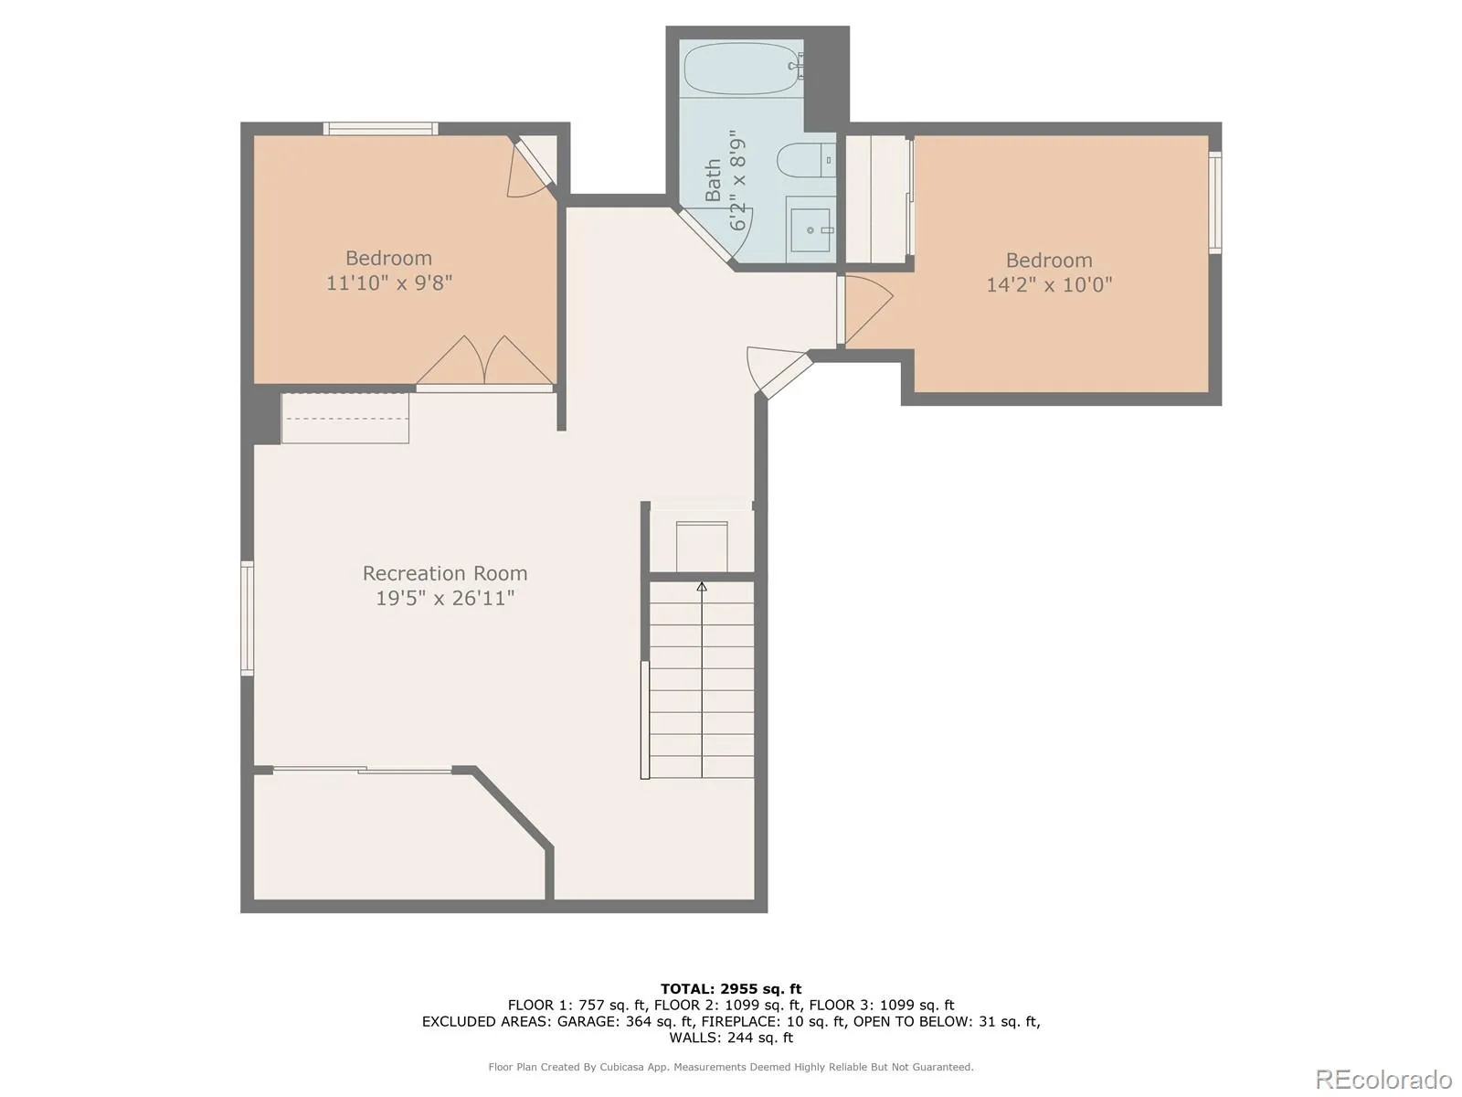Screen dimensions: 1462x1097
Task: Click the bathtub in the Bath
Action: [743, 69]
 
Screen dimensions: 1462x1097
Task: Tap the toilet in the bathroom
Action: [806, 160]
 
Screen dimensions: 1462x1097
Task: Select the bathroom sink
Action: [810, 229]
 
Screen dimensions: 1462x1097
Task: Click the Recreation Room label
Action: [445, 573]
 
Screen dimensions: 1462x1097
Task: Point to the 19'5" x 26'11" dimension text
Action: [445, 598]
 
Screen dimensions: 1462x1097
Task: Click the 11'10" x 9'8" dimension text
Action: [389, 283]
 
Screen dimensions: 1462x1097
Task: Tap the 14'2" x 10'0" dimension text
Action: [1049, 285]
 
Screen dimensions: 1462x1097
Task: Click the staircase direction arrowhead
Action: [702, 587]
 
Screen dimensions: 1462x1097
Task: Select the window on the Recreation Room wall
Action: [247, 618]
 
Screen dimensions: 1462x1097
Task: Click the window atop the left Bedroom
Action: [381, 129]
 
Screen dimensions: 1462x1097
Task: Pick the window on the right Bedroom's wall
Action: [1215, 202]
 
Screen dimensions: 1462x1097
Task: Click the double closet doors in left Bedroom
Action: [485, 363]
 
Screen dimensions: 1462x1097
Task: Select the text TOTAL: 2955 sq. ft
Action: [731, 989]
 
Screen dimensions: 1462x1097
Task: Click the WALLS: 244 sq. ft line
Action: [731, 1037]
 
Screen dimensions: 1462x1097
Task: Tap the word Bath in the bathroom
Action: [713, 180]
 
